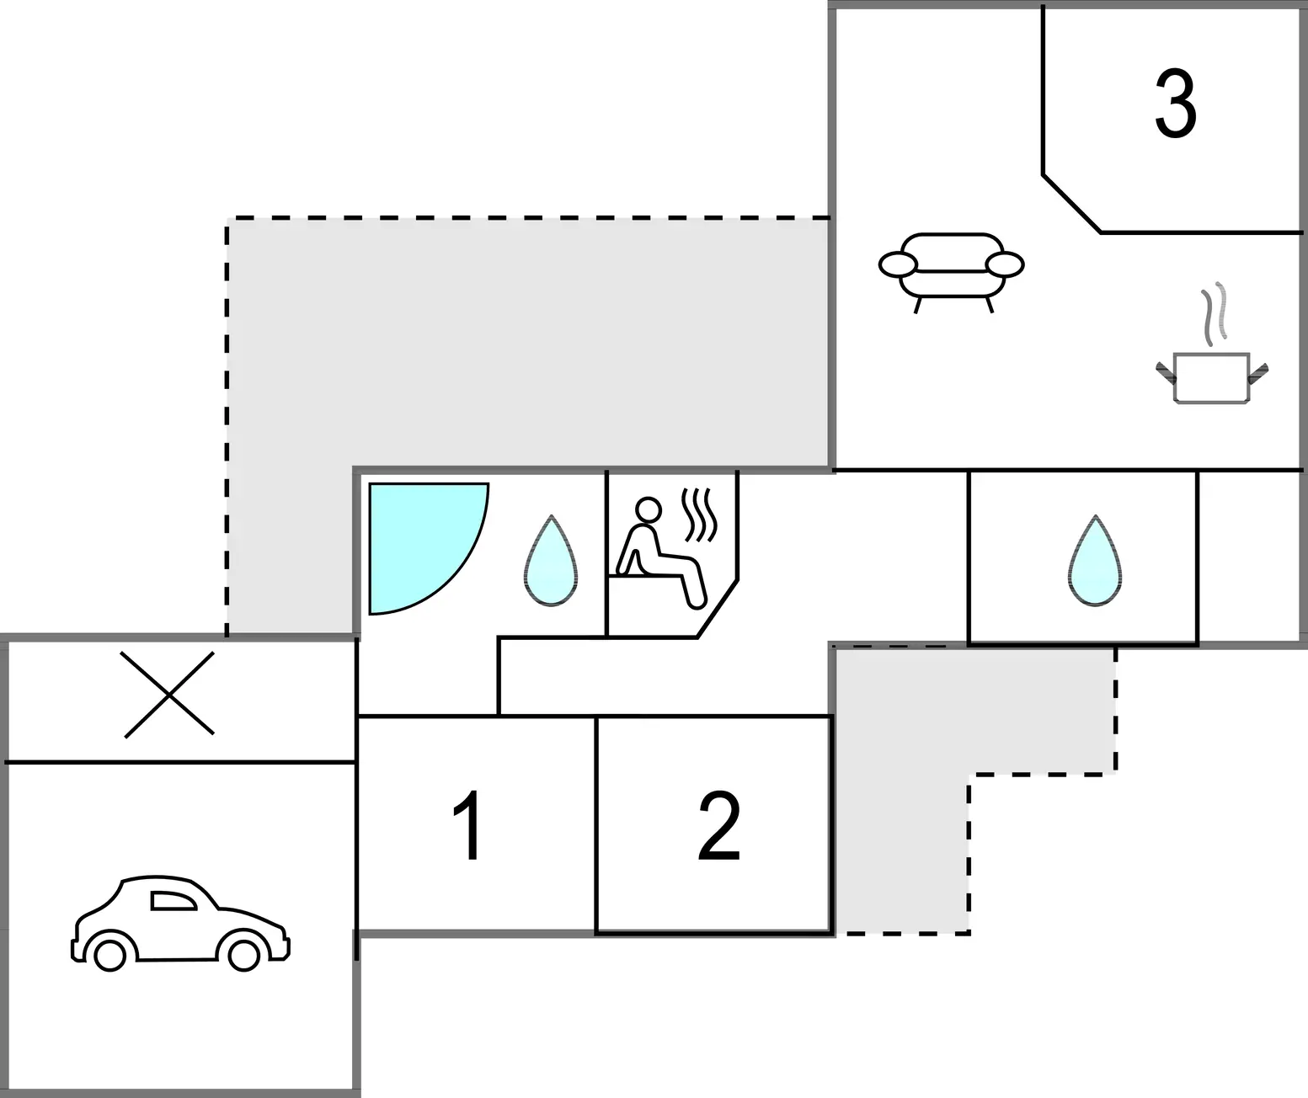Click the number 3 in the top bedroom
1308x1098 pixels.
click(1176, 104)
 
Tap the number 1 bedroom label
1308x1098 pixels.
click(467, 825)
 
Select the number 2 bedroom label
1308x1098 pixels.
click(719, 825)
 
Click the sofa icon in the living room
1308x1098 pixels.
click(951, 272)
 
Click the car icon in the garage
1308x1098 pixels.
click(180, 923)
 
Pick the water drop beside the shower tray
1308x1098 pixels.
click(551, 561)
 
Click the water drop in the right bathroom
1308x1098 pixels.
click(1095, 561)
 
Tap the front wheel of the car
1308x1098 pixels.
click(243, 954)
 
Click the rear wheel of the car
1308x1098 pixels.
click(109, 954)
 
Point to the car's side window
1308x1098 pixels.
click(173, 901)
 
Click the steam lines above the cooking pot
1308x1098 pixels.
click(1214, 314)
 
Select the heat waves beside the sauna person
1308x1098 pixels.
click(700, 514)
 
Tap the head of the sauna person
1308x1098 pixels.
click(649, 509)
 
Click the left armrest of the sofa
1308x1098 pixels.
click(898, 264)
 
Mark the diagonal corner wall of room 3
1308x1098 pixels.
click(1072, 205)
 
